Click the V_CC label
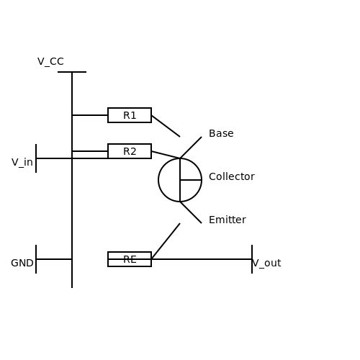50,62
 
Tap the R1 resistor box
130,109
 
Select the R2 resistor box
130,145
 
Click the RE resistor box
130,253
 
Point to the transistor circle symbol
159,180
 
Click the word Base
221,133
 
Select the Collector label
232,176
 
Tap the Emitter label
228,220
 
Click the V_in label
22,163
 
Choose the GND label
22,263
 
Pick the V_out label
267,264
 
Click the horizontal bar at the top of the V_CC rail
72,72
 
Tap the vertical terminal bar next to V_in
36,158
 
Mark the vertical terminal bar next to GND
36,259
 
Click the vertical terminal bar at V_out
252,259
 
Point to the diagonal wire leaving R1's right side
166,126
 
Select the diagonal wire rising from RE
166,241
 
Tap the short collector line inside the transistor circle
191,180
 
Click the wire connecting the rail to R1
90,115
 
